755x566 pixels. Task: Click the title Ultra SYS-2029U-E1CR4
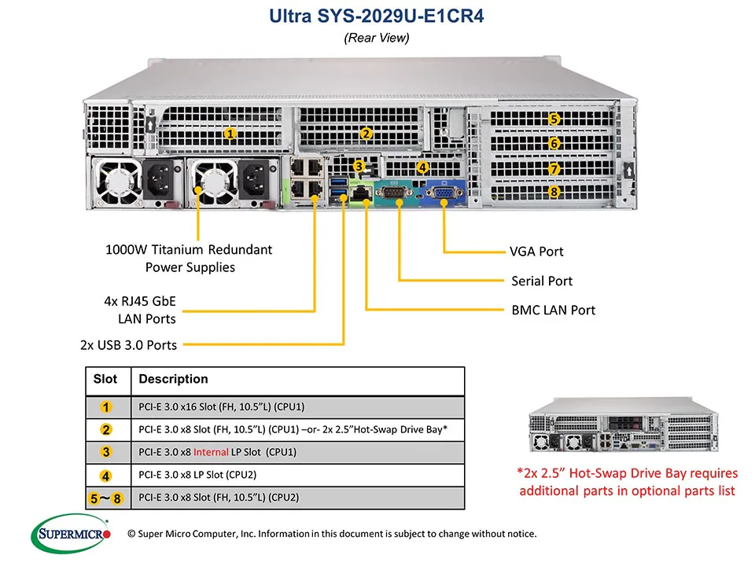[377, 16]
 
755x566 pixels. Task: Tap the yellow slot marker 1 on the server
[230, 133]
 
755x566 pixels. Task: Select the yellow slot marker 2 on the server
[366, 134]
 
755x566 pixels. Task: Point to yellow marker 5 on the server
[554, 119]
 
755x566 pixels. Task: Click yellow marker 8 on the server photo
[554, 192]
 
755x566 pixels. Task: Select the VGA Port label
[536, 252]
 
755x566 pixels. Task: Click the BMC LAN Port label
[553, 310]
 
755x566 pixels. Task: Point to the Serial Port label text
[541, 281]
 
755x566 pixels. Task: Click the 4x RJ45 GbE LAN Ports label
[142, 309]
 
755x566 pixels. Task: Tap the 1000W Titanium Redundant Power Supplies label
[189, 259]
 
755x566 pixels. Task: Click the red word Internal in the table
[211, 452]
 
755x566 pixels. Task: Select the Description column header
[173, 379]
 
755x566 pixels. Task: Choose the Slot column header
[105, 379]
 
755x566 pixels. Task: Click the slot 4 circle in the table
[106, 475]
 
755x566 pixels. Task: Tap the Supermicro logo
[74, 535]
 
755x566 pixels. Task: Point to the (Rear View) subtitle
[377, 38]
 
